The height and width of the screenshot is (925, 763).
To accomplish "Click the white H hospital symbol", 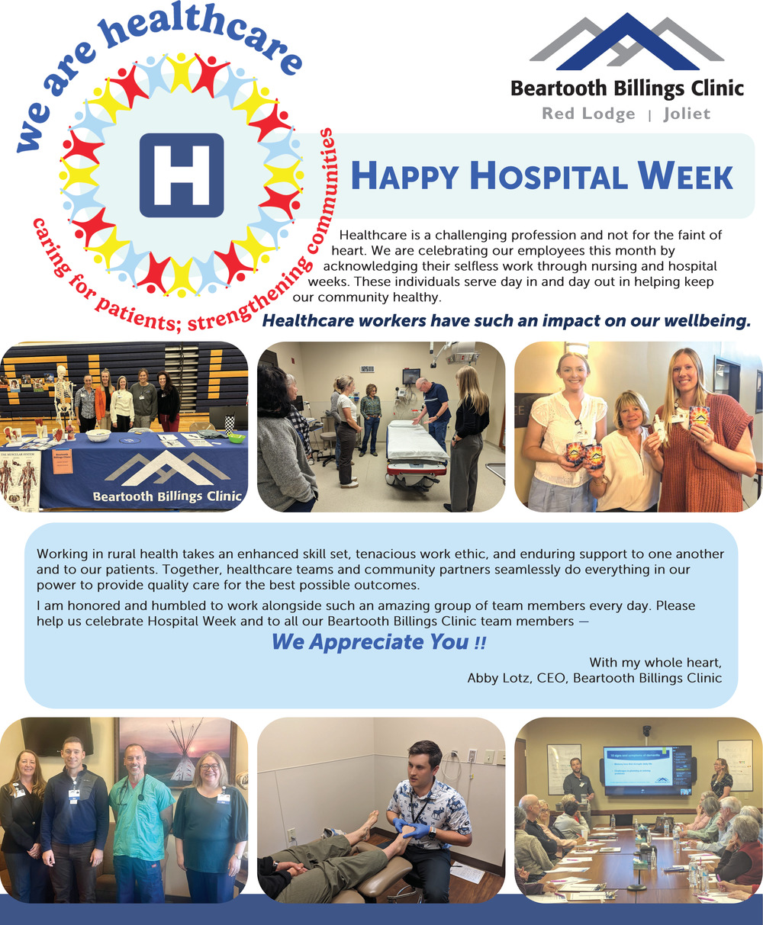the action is coord(182,175).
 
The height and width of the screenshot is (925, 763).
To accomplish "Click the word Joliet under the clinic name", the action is coord(687,114).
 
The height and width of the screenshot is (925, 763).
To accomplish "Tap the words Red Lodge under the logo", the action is coord(588,114).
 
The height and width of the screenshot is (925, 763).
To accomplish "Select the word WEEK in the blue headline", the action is coord(685,176).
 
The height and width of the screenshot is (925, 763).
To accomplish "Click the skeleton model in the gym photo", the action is coord(64,397).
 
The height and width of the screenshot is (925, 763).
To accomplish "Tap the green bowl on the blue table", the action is coord(237,438).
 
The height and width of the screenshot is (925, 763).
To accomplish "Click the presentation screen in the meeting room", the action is coord(647,770).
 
